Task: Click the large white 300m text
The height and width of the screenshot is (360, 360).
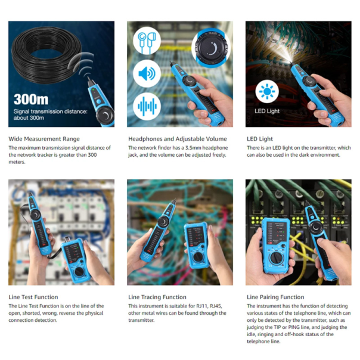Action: tap(31, 100)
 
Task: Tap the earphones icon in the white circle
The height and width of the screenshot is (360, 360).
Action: tap(147, 41)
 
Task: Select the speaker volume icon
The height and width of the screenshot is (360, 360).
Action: tap(147, 74)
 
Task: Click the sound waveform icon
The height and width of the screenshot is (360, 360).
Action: tap(147, 106)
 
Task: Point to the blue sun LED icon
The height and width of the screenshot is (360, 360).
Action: tap(267, 91)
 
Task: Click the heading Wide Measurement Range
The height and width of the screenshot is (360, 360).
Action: tap(44, 139)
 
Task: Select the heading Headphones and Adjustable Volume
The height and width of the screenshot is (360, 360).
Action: tap(178, 139)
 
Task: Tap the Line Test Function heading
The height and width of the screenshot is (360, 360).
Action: tap(33, 297)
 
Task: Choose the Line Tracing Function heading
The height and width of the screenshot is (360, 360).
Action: tap(157, 297)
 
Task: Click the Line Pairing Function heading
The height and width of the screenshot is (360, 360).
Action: tap(275, 297)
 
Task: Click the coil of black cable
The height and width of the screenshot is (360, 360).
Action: tap(46, 54)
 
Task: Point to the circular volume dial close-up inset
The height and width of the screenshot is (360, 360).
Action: tap(211, 48)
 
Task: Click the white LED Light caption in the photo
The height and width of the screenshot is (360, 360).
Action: tap(267, 111)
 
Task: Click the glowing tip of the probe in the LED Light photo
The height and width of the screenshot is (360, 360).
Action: tap(291, 63)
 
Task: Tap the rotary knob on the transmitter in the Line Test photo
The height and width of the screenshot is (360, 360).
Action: tap(79, 272)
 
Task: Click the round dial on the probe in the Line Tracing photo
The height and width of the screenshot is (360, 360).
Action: tap(163, 222)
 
